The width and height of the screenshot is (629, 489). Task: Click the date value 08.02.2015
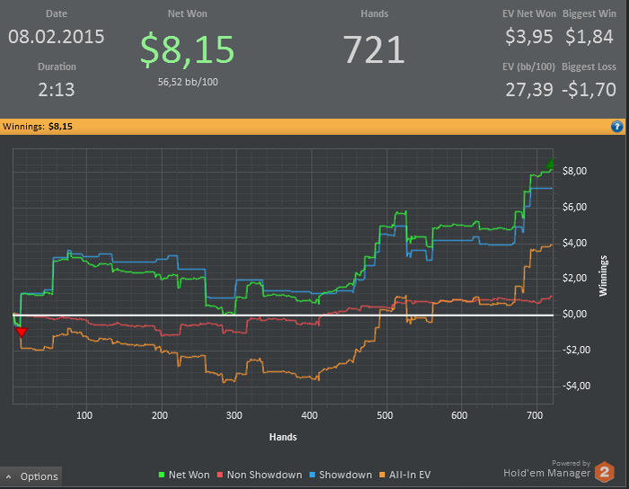tap(56, 37)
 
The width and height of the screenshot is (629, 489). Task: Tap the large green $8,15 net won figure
tap(187, 50)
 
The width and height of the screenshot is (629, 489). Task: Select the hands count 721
tap(375, 49)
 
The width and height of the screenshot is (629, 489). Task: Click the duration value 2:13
tap(57, 90)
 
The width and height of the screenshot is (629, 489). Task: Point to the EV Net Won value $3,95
tap(529, 37)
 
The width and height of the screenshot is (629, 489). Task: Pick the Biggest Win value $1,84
tap(589, 37)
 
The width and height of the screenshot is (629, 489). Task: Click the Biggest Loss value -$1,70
tap(589, 90)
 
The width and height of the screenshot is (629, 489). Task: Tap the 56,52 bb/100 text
tap(188, 82)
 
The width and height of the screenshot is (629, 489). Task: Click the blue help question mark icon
tap(617, 127)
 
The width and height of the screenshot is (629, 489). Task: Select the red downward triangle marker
tap(22, 332)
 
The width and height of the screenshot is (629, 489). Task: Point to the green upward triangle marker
tap(550, 164)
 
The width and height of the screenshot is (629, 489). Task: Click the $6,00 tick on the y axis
tap(574, 207)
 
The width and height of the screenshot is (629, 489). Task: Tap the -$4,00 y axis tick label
tap(576, 386)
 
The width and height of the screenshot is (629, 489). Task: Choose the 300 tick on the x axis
tap(235, 415)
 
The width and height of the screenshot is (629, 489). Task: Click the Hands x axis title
tap(283, 437)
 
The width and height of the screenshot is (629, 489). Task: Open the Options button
tap(31, 476)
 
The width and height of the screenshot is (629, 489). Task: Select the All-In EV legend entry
tap(404, 475)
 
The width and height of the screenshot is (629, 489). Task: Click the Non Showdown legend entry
tap(260, 475)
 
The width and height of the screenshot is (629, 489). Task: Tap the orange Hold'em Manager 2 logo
tap(605, 472)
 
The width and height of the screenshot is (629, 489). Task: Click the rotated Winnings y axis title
tap(603, 276)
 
